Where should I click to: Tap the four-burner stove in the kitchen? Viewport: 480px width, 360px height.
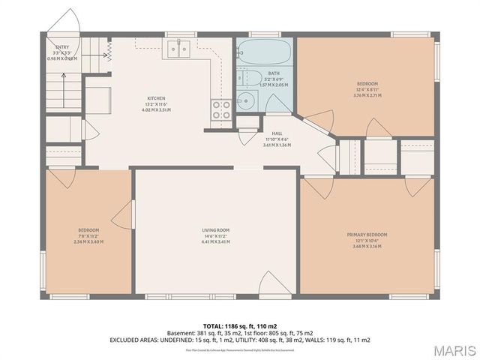tap(221, 110)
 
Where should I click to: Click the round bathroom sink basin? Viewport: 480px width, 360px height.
tap(244, 101)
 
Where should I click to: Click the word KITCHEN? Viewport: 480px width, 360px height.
tap(156, 98)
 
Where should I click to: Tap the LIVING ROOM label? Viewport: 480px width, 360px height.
tap(215, 230)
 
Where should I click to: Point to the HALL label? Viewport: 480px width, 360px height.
tap(276, 133)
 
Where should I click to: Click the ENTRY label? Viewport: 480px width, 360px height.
tap(62, 46)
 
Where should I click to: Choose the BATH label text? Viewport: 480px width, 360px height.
tap(273, 73)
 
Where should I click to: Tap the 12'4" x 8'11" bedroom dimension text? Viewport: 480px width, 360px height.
tap(367, 89)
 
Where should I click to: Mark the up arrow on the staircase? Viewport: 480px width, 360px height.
tap(107, 49)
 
